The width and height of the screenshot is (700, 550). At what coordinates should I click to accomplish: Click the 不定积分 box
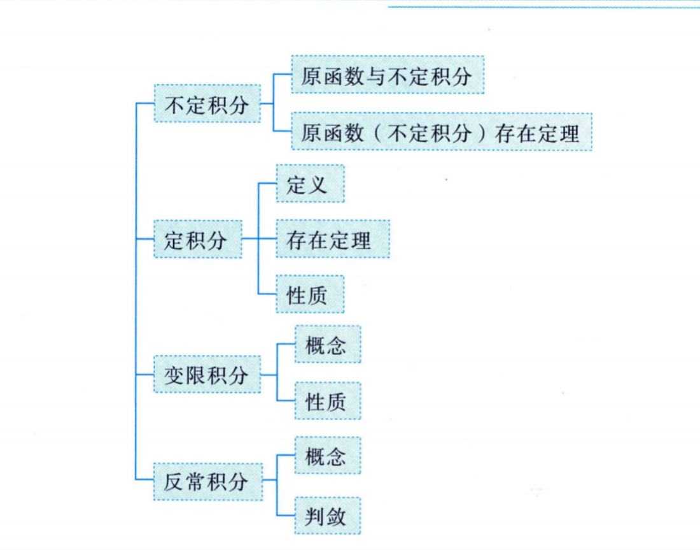[x=207, y=104]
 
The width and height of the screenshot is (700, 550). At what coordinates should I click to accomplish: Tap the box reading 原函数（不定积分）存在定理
[x=441, y=132]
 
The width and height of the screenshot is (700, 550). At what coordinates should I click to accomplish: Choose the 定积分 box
[x=197, y=240]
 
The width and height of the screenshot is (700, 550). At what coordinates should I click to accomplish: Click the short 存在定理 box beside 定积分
[x=332, y=240]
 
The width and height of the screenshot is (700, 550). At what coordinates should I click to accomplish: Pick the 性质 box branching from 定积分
[x=310, y=294]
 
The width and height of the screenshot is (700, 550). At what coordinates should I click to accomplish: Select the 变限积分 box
[x=207, y=375]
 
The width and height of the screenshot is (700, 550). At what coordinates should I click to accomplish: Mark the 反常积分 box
[x=207, y=481]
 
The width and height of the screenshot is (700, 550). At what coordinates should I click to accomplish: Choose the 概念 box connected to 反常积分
[x=327, y=456]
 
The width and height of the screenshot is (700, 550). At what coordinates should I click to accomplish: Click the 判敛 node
[x=327, y=516]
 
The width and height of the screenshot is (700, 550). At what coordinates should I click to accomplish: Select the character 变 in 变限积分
[x=174, y=375]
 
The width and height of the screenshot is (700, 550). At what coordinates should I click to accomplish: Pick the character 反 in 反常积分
[x=174, y=482]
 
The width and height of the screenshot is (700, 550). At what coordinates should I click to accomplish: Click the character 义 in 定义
[x=318, y=184]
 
